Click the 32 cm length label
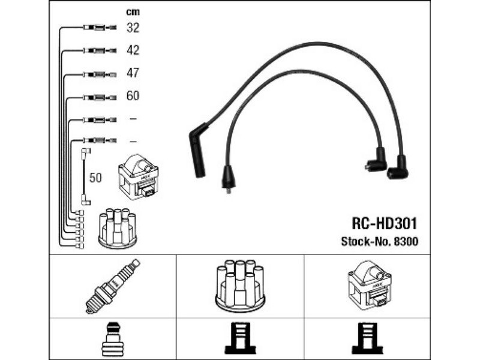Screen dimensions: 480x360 coord(133,28)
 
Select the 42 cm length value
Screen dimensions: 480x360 coord(133,50)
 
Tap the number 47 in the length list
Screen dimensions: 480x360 coord(133,73)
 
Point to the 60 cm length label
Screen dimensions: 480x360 coord(133,96)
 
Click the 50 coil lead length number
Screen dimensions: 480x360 coord(95,178)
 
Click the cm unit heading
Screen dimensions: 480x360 coord(133,12)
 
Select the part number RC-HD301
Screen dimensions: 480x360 coord(385,224)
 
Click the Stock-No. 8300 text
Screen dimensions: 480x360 coord(380,242)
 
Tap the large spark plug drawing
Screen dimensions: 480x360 coord(112,286)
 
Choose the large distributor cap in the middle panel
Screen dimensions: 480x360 coord(240,285)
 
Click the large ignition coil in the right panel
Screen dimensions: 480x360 coord(369,283)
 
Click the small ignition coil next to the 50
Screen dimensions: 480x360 coord(139,177)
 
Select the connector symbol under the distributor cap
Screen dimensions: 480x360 coord(240,338)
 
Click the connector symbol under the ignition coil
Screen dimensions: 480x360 coord(367,338)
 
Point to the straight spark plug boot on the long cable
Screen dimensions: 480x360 coord(198,151)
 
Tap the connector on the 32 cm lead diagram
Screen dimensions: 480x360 coord(100,28)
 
